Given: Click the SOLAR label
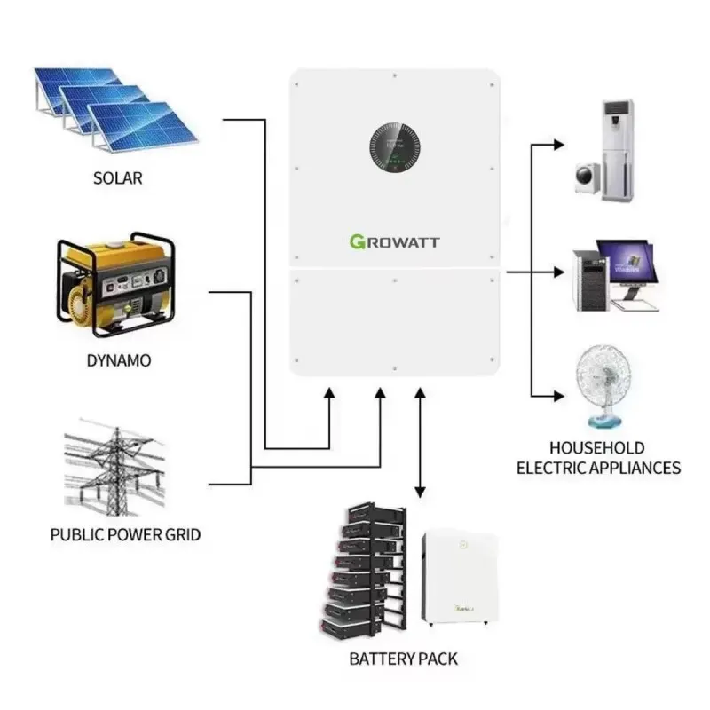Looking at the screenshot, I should point(117,178).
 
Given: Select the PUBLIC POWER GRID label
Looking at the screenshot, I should point(125,535).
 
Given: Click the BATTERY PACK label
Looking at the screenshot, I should point(404,659).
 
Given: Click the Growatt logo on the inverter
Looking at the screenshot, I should point(394,241).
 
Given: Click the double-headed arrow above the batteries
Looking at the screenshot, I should point(420,444).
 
